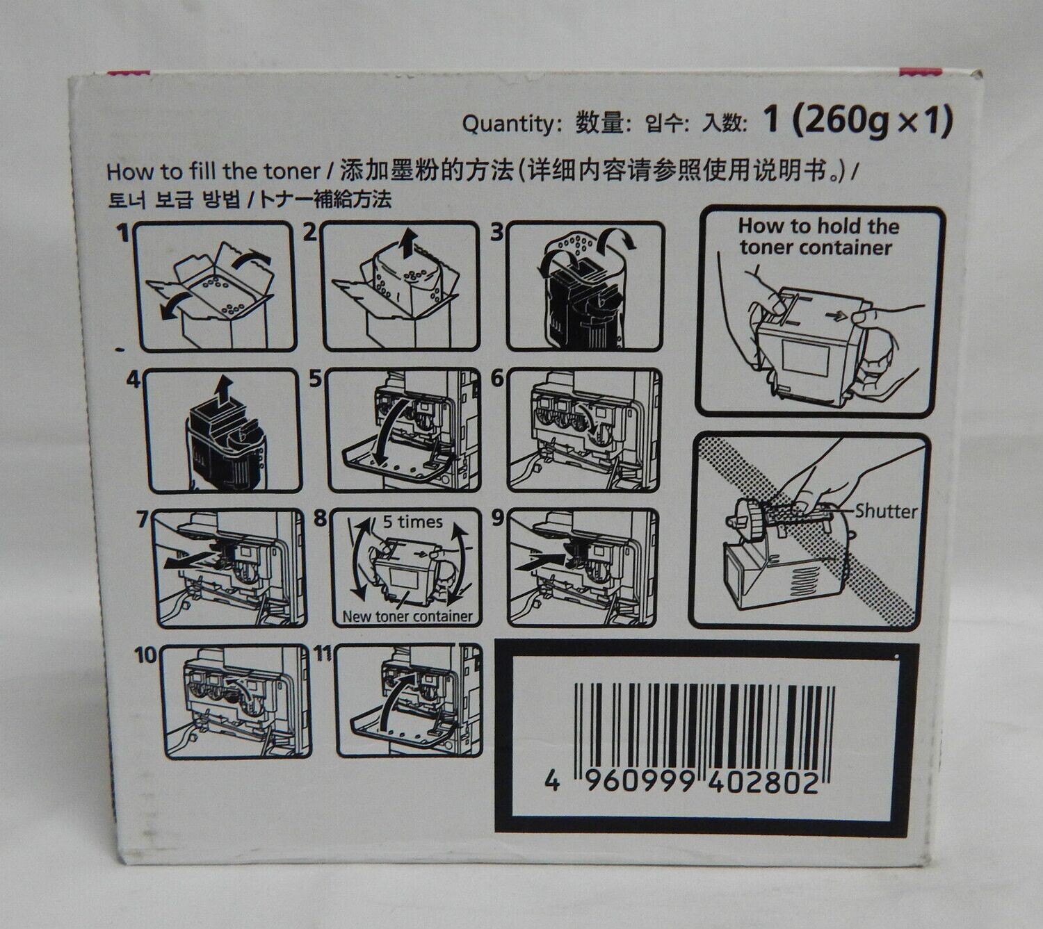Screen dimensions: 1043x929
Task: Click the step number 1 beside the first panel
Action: click(x=122, y=233)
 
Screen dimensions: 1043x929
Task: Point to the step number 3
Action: click(x=496, y=233)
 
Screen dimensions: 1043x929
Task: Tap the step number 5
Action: click(x=315, y=379)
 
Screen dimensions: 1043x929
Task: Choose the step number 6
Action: click(x=496, y=379)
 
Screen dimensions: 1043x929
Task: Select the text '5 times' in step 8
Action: click(x=413, y=522)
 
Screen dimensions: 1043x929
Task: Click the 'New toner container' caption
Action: click(x=407, y=616)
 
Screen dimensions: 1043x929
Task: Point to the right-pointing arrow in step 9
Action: click(x=540, y=561)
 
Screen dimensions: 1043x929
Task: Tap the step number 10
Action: click(x=145, y=656)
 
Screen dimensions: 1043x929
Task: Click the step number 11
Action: click(x=323, y=654)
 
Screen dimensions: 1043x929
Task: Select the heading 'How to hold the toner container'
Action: click(x=818, y=237)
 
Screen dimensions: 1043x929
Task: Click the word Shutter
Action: click(x=886, y=511)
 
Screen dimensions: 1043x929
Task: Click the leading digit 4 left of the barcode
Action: click(x=552, y=783)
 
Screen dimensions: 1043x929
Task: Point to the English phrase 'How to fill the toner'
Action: click(x=213, y=172)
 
